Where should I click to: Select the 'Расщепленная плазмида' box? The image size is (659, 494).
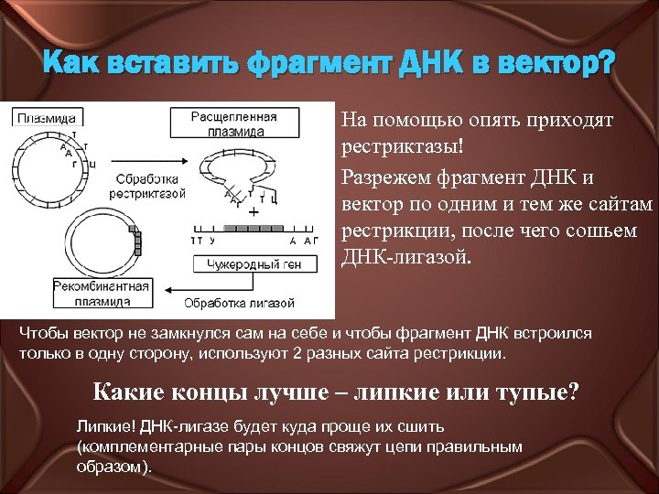[x=234, y=124]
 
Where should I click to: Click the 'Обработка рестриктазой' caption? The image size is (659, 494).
[x=146, y=186]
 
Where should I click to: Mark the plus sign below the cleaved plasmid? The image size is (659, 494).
[x=253, y=210]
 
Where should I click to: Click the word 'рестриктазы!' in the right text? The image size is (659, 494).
[x=397, y=145]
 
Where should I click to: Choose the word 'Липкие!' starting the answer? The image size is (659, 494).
[x=103, y=427]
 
